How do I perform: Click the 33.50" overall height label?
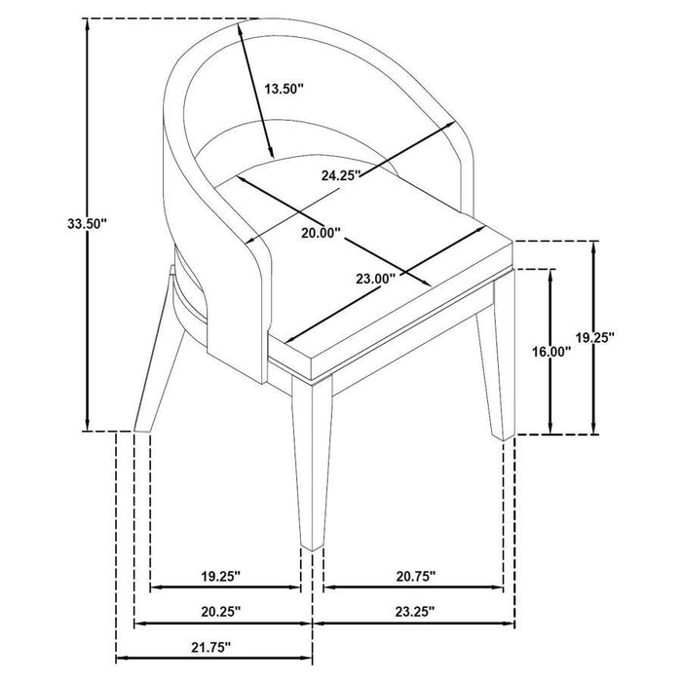pos(87,223)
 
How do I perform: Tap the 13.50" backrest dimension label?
pos(284,89)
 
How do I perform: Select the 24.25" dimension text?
pos(341,175)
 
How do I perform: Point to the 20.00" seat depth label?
pos(321,233)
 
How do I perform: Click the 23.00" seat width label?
pos(375,279)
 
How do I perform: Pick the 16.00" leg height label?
pos(551,352)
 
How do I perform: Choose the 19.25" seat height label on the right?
pos(594,336)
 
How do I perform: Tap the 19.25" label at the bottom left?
pos(220,577)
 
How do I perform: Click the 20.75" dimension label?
pos(415,577)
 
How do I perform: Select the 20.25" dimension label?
pos(220,612)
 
